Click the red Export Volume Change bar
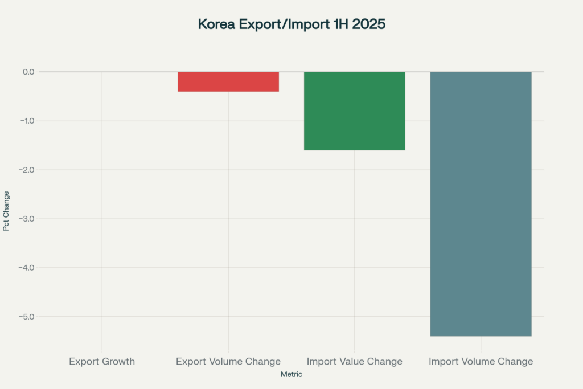point(228,81)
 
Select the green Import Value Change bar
point(354,111)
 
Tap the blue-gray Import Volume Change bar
point(481,204)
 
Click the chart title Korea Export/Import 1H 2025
point(291,24)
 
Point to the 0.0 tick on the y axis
point(28,72)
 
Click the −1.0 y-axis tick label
point(26,121)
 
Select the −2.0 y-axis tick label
point(26,170)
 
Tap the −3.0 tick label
point(26,219)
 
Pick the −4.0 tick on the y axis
point(26,268)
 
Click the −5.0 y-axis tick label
point(26,317)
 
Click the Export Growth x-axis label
point(102,362)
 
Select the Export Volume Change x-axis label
point(228,362)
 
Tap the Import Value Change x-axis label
point(354,362)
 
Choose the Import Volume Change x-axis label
point(481,362)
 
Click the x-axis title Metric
point(291,375)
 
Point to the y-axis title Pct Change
point(6,211)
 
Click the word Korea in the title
point(215,24)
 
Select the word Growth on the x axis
point(119,362)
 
